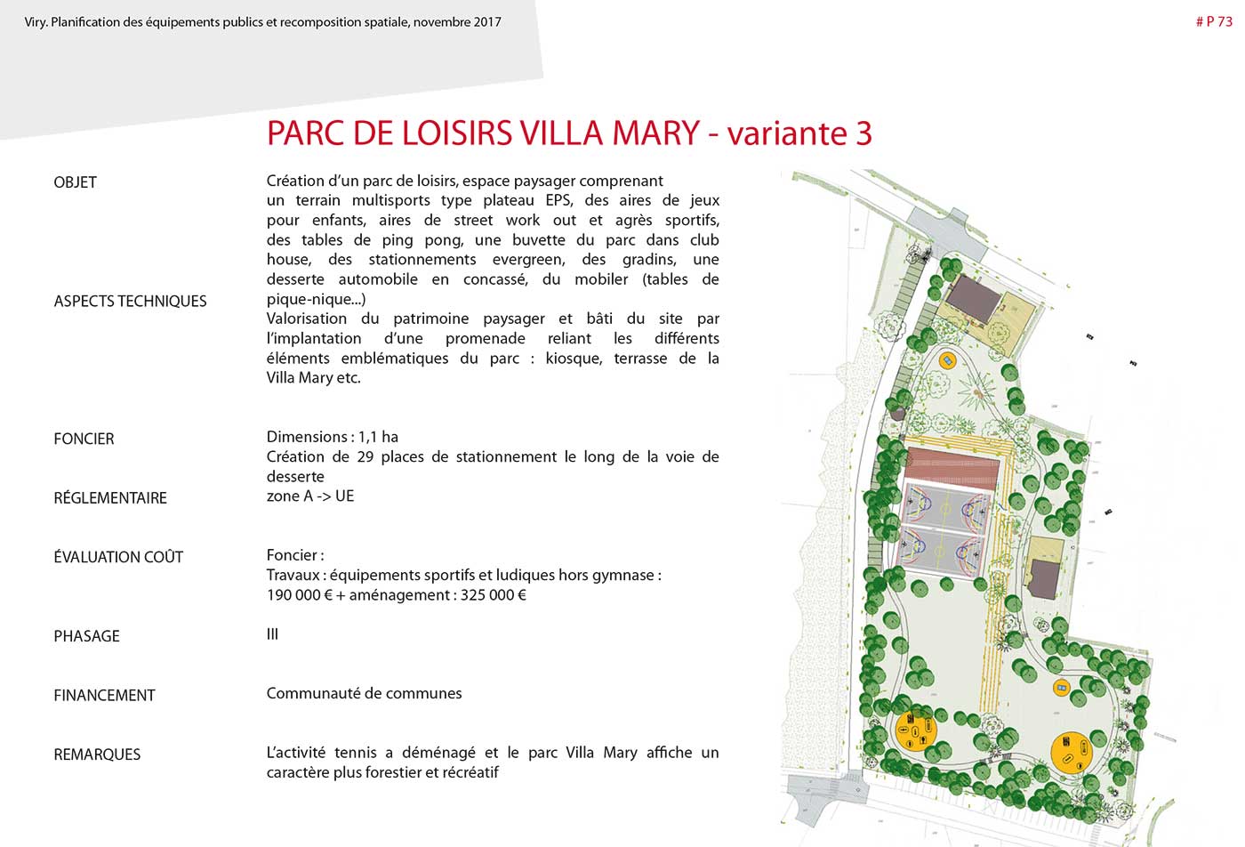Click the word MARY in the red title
coord(655,133)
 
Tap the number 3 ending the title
coord(863,133)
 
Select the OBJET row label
coord(75,182)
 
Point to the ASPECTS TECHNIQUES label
coord(130,302)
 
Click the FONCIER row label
coord(84,439)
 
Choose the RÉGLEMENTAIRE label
coord(110,498)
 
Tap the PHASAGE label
coord(86,636)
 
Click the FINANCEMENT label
coord(104,696)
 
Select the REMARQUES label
coord(97,754)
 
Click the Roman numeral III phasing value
coord(272,634)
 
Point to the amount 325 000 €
coord(493,595)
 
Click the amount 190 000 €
coord(299,595)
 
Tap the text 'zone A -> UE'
coord(310,496)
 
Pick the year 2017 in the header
coord(487,21)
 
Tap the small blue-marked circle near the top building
coord(947,360)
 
